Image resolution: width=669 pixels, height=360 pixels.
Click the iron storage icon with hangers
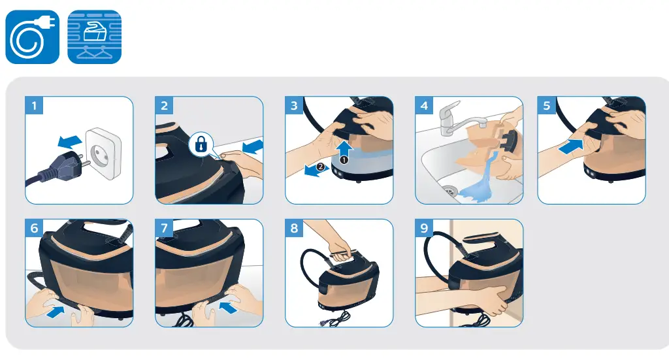[x=95, y=37]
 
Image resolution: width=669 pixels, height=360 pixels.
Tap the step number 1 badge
[x=35, y=106]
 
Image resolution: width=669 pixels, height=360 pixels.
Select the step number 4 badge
[x=425, y=106]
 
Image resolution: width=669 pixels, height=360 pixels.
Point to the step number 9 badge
[x=425, y=228]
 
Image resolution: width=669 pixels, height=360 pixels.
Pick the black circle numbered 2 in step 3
[x=319, y=167]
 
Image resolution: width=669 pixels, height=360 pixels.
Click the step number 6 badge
[x=35, y=228]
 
